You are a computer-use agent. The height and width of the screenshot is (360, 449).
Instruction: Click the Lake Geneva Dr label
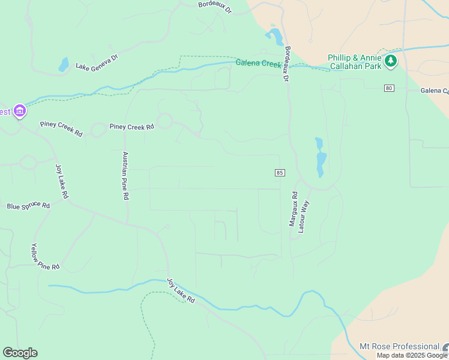point(97,64)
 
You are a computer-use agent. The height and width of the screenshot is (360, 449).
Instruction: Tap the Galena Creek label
point(259,62)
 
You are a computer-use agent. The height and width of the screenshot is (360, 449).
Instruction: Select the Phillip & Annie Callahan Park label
point(355,62)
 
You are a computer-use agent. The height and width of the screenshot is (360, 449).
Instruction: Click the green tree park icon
point(391,60)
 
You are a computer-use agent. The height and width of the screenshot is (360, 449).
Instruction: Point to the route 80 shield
point(390,88)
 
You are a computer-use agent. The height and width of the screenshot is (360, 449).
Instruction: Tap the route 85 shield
point(280,173)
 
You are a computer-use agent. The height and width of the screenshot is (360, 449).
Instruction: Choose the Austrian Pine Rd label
point(125,175)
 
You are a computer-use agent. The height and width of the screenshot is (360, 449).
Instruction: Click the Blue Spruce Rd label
point(28,206)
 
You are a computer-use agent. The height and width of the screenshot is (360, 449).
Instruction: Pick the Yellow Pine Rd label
point(45,257)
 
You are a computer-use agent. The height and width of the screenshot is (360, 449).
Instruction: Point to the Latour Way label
point(304,217)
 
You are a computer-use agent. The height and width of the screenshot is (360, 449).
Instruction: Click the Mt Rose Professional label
point(399,346)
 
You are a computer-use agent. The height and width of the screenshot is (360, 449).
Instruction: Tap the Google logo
point(20,353)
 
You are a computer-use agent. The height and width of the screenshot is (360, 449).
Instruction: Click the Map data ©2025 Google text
point(412,355)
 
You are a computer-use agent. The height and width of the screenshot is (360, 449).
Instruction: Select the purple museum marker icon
point(20,110)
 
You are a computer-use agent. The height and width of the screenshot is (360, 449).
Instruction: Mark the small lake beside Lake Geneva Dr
point(64,64)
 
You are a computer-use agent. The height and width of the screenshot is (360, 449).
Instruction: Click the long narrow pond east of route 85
point(321,158)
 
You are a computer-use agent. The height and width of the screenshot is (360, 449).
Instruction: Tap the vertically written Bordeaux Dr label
point(286,65)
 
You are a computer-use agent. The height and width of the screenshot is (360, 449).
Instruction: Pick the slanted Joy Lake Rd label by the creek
point(181,290)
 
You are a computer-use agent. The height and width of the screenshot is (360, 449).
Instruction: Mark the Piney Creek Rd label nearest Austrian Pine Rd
point(131,127)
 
